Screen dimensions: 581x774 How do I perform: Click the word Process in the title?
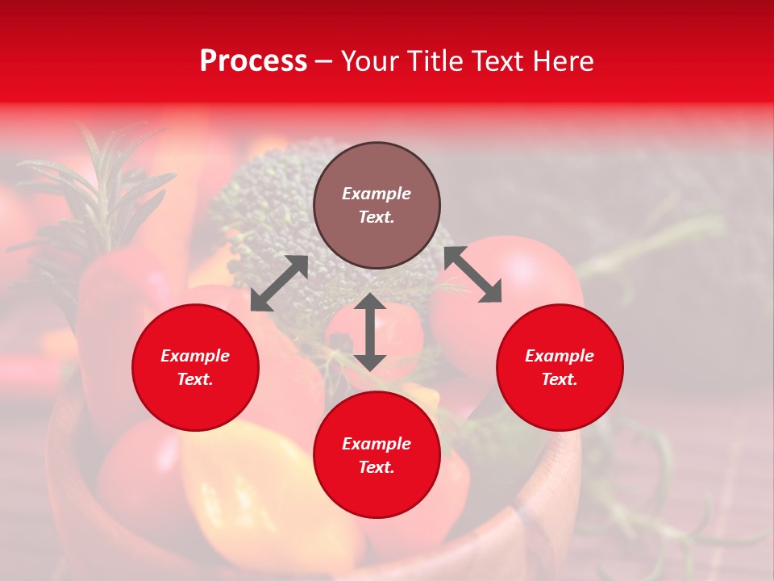[x=253, y=61]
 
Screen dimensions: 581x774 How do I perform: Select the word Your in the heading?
[x=368, y=61]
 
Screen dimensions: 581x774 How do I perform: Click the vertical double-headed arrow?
[x=370, y=332]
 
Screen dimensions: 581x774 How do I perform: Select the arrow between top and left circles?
[x=279, y=283]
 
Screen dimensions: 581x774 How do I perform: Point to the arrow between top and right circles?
[x=472, y=274]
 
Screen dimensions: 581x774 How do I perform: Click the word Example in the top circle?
[x=377, y=194]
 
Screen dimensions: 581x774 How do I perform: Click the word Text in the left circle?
[x=195, y=379]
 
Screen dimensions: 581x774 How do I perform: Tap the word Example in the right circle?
[x=560, y=356]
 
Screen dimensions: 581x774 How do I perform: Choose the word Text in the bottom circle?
[x=377, y=467]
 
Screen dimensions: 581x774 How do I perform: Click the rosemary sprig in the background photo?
[x=89, y=194]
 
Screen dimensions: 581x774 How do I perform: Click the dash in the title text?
[x=324, y=61]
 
